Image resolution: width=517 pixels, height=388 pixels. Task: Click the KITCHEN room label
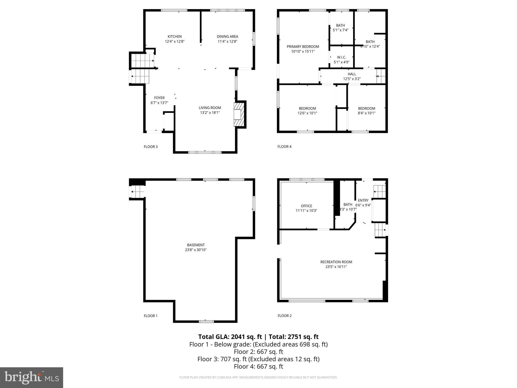[x=175, y=37]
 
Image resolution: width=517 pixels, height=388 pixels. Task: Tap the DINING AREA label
[x=227, y=37]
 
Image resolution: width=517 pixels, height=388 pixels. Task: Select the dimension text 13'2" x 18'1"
[x=210, y=113]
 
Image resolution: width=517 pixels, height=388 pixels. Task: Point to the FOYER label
[x=159, y=98]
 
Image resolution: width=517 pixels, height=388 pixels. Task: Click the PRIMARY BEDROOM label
[x=303, y=47]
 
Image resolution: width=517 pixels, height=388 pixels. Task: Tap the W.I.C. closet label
[x=341, y=58]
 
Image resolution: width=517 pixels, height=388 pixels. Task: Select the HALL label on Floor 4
[x=352, y=74]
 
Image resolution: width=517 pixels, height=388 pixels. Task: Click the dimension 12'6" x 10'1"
[x=307, y=113]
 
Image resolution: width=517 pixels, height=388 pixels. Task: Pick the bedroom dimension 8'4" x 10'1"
[x=367, y=113]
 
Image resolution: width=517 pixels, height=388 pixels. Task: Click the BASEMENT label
[x=196, y=245]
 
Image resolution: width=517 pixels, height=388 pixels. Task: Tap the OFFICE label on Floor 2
[x=306, y=206]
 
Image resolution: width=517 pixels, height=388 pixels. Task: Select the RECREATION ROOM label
[x=336, y=262]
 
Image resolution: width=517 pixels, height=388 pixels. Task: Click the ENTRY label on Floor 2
[x=363, y=201]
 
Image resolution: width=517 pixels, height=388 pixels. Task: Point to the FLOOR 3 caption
[x=151, y=147]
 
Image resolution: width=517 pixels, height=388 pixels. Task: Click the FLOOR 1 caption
[x=151, y=316]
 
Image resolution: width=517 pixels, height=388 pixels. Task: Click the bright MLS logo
[x=32, y=378]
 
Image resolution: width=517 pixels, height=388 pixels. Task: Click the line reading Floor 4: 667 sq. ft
[x=258, y=367]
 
